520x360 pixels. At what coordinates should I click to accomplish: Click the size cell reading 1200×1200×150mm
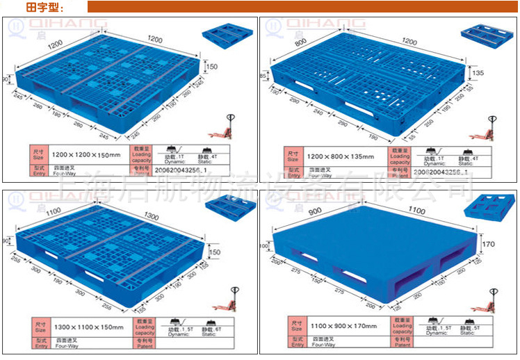pos(86,154)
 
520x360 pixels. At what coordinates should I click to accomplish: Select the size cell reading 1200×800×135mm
pos(340,154)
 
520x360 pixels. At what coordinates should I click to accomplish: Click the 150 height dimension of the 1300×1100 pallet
pos(216,252)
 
